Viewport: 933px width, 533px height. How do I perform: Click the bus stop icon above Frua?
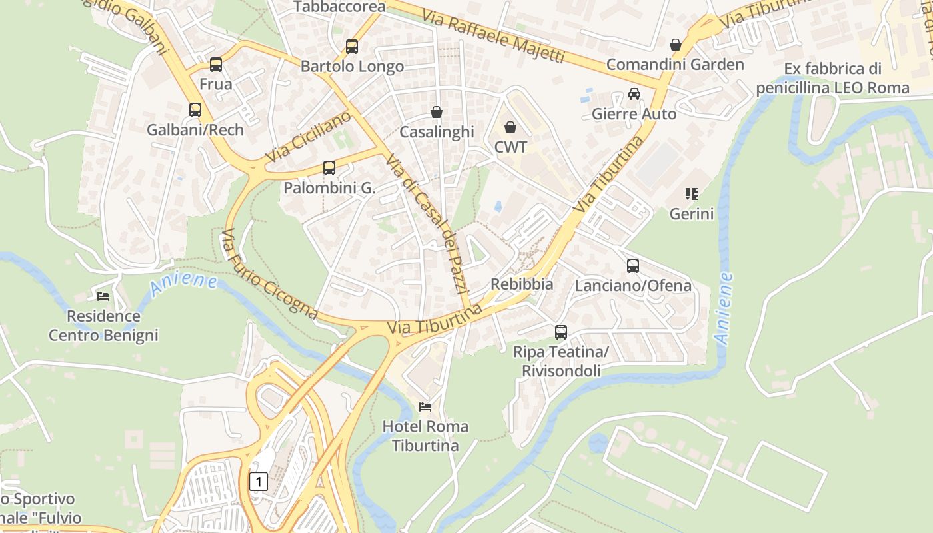(x=216, y=65)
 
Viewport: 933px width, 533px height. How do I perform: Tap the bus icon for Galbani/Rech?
(x=195, y=110)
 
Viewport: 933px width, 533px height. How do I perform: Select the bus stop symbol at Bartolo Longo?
(x=352, y=47)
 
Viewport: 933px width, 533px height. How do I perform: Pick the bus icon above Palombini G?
(x=329, y=168)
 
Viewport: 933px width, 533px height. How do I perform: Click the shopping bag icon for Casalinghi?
(x=437, y=112)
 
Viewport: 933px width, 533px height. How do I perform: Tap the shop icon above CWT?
(x=510, y=127)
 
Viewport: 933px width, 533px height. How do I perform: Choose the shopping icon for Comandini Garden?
(x=676, y=45)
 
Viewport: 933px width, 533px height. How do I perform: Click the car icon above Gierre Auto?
(x=634, y=94)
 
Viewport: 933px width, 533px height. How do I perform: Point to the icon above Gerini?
(x=692, y=194)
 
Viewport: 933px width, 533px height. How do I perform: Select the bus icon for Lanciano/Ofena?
(x=633, y=266)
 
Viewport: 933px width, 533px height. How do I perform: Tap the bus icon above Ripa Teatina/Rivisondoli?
(x=561, y=332)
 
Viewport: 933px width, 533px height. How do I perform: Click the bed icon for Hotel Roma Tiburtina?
(x=425, y=406)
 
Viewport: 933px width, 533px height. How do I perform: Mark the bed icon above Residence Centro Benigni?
(x=103, y=296)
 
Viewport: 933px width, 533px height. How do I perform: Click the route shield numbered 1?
(x=259, y=481)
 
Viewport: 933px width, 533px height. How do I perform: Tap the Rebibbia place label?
(x=522, y=284)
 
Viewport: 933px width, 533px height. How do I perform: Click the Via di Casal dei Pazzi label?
(x=429, y=227)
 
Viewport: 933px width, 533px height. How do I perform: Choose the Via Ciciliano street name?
(x=308, y=137)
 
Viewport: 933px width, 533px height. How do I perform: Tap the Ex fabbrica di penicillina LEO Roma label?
(x=832, y=78)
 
